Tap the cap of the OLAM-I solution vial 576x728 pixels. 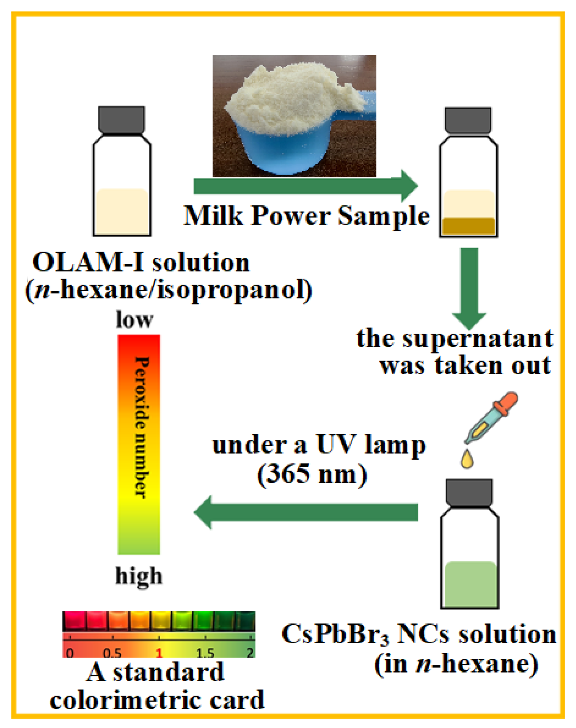[x=121, y=119]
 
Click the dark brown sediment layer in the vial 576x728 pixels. [x=469, y=225]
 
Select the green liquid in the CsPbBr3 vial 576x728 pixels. [x=470, y=584]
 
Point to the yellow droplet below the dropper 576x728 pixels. [x=467, y=458]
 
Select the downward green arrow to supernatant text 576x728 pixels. [x=469, y=285]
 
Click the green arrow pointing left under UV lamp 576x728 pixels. [x=306, y=512]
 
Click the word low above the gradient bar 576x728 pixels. [x=134, y=320]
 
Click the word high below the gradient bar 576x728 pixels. [x=138, y=576]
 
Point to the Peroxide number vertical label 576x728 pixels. [x=141, y=427]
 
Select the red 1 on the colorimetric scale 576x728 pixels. [x=159, y=653]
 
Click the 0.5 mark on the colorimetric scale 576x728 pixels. [x=112, y=653]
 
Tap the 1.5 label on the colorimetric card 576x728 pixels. [x=205, y=653]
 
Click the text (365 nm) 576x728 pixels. [x=312, y=474]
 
